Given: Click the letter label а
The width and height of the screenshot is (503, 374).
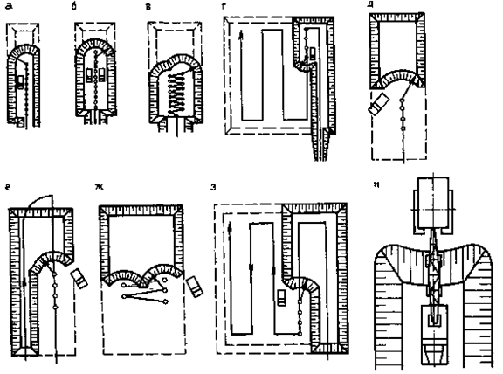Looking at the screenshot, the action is coord(9,6).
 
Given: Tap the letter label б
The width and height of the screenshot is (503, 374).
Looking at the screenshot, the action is coord(74,6).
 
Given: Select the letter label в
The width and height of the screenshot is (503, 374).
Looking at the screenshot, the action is coord(148,7).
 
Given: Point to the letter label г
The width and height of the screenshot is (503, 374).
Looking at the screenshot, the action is coord(224,6).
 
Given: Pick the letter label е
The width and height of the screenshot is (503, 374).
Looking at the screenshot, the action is coord(8,187).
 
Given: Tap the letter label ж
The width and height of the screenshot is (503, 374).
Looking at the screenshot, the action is coord(100,187).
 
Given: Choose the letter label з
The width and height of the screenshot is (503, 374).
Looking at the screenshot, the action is coord(213,188).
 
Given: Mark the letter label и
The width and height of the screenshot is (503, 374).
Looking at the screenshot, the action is coord(376,184).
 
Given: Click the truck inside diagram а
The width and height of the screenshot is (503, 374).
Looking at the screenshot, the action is coord(20,82).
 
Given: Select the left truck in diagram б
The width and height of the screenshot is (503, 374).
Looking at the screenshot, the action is coord(89,74).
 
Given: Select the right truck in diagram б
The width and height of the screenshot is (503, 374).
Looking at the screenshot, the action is coord(102,74).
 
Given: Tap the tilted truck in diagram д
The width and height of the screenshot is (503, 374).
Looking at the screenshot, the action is coord(379,103).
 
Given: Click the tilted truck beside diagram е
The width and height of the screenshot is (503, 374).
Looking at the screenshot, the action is coord(79,279).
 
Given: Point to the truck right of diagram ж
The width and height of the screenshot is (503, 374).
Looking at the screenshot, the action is coord(195,286).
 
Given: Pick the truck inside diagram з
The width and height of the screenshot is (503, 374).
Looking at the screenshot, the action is coord(281,298).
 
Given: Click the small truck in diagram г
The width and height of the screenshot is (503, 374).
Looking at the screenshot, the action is coord(312,53).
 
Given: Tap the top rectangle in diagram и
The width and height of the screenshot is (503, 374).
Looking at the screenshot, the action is coord(433,202).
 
